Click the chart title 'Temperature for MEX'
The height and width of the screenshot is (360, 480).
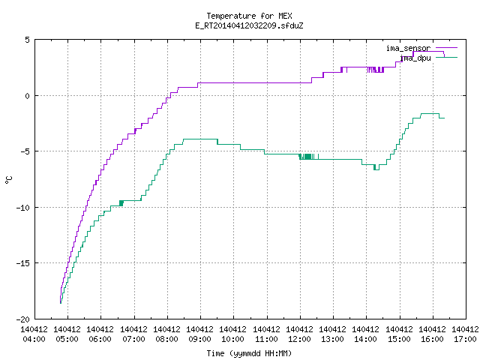249,16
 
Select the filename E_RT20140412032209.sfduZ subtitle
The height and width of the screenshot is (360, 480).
249,25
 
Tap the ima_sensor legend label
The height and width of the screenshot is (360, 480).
408,48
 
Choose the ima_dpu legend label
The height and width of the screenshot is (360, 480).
415,58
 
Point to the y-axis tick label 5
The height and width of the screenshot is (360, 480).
28,40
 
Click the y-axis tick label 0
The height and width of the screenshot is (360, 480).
28,96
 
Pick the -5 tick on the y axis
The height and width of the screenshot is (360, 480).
25,151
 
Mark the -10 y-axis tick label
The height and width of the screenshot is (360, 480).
23,208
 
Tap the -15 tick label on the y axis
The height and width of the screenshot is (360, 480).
23,263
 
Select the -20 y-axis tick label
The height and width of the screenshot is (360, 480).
23,319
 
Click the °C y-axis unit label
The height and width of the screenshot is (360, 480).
8,180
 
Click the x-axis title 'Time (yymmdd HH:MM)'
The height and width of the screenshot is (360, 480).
249,353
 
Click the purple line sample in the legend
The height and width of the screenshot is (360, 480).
446,48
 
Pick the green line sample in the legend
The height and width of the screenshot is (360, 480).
446,58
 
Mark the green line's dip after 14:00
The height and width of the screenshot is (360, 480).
376,168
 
